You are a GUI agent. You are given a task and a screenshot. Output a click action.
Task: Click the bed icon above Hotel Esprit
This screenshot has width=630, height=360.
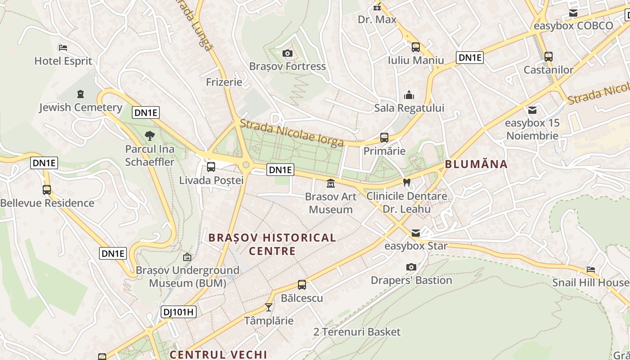point(63,48)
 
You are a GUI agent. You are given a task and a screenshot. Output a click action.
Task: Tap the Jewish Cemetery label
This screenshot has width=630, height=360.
point(81,108)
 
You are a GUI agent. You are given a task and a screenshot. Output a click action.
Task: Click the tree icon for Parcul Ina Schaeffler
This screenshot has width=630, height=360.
point(150,135)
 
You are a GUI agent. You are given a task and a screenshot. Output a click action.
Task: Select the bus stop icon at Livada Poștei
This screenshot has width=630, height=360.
point(211,167)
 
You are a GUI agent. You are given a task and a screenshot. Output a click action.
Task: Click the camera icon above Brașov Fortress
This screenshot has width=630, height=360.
point(287,54)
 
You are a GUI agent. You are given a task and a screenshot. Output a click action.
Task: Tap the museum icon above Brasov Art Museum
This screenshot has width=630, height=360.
point(331,183)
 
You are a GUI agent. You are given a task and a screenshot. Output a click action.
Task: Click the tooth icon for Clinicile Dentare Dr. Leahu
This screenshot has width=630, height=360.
point(407,183)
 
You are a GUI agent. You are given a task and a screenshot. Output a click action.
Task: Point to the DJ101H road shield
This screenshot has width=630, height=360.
point(179,311)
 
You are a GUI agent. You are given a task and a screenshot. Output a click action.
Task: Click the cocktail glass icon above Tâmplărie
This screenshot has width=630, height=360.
point(269,307)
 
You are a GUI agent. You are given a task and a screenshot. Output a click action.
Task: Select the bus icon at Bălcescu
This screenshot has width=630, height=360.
point(301,285)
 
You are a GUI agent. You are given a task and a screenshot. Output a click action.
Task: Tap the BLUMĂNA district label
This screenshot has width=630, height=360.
point(476,164)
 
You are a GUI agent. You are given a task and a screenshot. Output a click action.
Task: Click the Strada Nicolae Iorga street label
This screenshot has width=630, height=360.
point(292,133)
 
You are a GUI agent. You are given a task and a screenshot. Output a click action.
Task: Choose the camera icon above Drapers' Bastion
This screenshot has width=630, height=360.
point(411,267)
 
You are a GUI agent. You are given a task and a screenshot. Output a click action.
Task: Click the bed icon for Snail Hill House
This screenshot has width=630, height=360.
point(591,270)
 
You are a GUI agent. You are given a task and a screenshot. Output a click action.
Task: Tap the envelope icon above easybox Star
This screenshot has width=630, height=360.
point(416,233)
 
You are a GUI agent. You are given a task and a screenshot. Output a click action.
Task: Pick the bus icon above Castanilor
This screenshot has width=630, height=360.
point(548,57)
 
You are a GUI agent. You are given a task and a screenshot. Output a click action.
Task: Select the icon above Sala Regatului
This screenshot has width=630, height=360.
point(409,95)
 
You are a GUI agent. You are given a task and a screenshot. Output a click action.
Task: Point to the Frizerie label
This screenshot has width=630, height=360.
point(224,82)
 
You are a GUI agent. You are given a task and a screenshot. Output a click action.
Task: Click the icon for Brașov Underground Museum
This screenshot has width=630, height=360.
point(187,257)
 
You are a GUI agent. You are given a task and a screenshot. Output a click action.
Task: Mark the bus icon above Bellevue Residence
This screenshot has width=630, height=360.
point(47,190)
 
